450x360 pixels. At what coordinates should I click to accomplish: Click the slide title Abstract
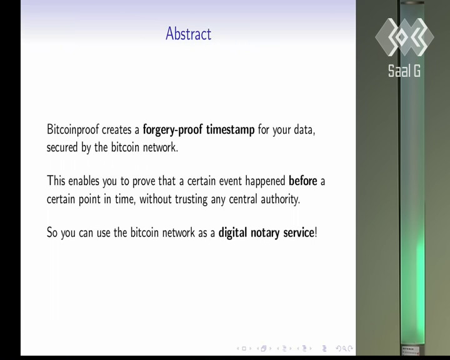[x=189, y=34]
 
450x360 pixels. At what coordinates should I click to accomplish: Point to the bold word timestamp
[x=230, y=130]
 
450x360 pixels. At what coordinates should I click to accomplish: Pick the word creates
[x=116, y=130]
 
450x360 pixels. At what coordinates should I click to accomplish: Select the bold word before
[x=303, y=181]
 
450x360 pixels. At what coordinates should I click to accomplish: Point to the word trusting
[x=191, y=199]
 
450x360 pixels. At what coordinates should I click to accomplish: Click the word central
[x=242, y=199]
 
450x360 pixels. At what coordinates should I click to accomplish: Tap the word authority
[x=280, y=199]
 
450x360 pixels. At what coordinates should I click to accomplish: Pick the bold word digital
[x=232, y=232]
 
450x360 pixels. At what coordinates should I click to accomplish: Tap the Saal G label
[x=404, y=71]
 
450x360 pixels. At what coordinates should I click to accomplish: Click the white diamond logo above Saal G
[x=404, y=37]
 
